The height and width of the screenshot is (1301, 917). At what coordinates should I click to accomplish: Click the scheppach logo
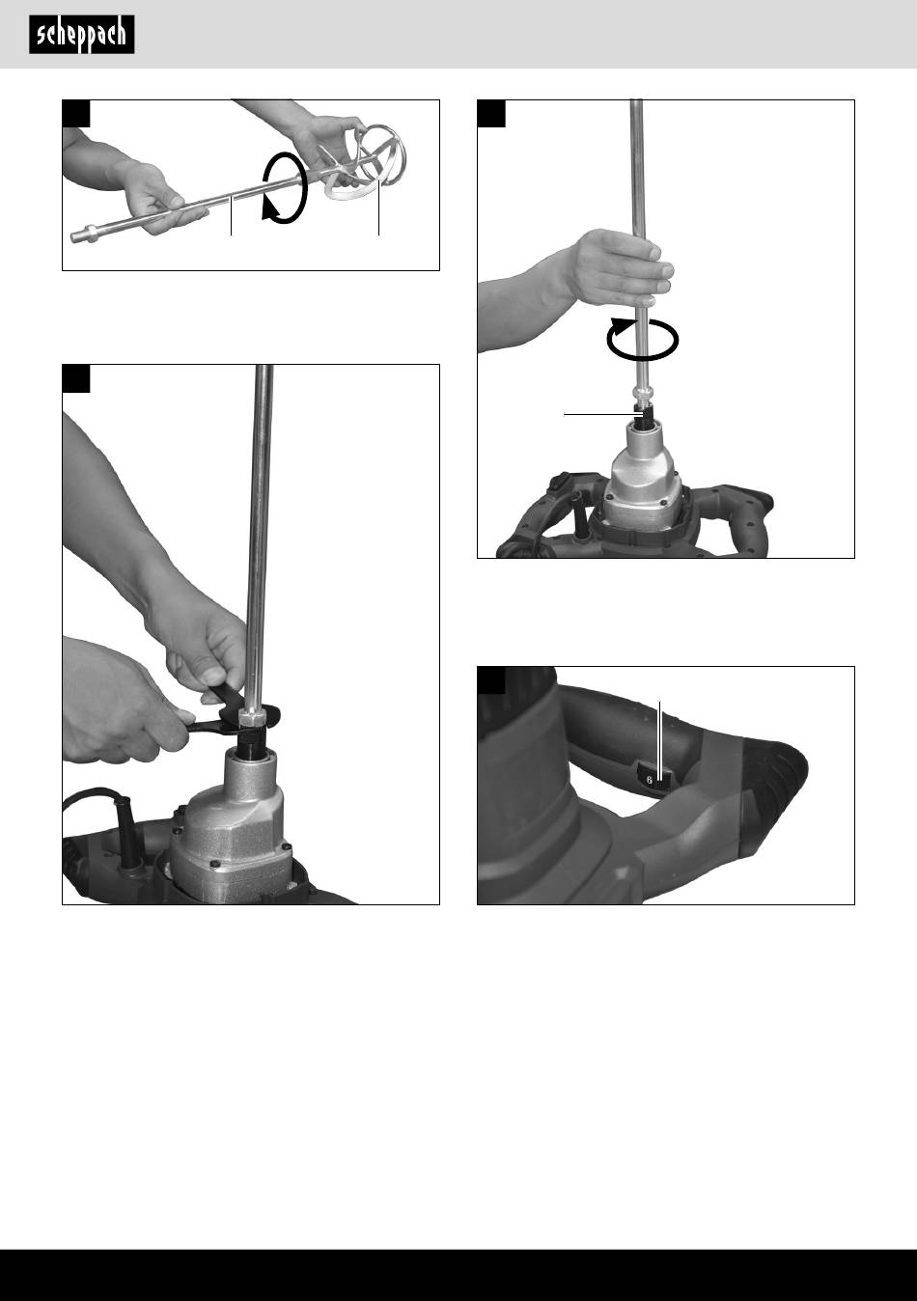(x=82, y=35)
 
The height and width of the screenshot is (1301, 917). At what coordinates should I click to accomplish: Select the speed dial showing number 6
(x=653, y=778)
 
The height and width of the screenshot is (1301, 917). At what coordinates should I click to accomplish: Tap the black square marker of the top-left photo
(x=76, y=114)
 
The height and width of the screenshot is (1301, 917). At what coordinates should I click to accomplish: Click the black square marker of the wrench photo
(x=76, y=378)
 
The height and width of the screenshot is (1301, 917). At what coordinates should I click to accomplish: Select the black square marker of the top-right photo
(x=491, y=114)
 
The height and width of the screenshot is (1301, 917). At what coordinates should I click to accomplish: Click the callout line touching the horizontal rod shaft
(x=231, y=216)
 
